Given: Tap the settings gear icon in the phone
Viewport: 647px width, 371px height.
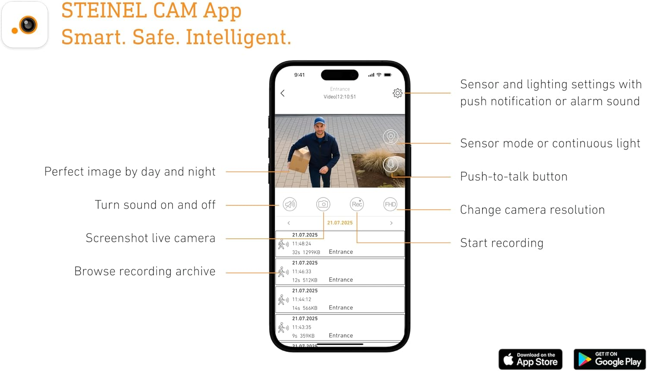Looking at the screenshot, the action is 397,93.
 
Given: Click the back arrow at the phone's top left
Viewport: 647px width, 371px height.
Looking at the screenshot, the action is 283,93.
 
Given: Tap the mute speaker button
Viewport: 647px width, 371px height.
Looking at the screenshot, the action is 290,204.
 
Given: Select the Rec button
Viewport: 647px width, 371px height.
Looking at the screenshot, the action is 357,204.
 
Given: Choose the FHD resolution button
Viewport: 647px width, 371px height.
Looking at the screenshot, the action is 390,204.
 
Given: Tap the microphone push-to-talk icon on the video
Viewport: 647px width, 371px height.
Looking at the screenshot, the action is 390,165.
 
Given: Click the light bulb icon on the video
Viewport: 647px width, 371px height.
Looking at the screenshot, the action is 390,137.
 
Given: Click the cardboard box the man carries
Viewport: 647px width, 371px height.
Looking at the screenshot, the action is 300,160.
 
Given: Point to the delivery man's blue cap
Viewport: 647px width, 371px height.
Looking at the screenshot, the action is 320,121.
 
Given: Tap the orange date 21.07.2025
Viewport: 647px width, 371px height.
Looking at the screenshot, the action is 340,223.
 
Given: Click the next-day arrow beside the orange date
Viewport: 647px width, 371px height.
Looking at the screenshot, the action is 391,223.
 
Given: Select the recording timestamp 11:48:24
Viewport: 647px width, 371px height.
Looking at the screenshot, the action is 302,243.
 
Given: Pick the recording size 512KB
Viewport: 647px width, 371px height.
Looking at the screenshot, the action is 310,280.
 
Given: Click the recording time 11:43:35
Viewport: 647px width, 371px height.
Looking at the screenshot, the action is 302,327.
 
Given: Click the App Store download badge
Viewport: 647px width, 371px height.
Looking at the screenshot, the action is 530,359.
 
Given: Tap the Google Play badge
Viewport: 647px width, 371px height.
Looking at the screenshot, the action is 609,359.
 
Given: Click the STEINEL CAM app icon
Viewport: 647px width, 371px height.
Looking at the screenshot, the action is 25,25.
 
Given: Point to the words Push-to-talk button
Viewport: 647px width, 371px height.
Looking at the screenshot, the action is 514,177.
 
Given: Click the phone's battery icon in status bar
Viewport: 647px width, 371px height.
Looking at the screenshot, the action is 388,75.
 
